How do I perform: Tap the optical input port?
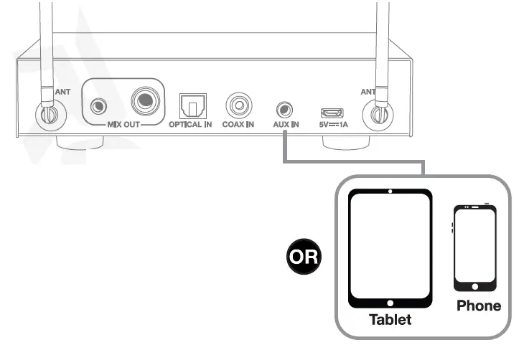point(190,107)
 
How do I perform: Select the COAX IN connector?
point(238,106)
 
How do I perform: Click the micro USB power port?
point(332,113)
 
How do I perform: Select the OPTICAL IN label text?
point(190,125)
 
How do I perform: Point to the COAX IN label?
point(238,125)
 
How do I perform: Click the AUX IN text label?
point(285,125)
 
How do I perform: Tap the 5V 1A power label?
point(332,125)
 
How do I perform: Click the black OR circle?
point(304,257)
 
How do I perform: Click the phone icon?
point(474,247)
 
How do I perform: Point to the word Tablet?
point(390,319)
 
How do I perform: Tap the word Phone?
point(479,306)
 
